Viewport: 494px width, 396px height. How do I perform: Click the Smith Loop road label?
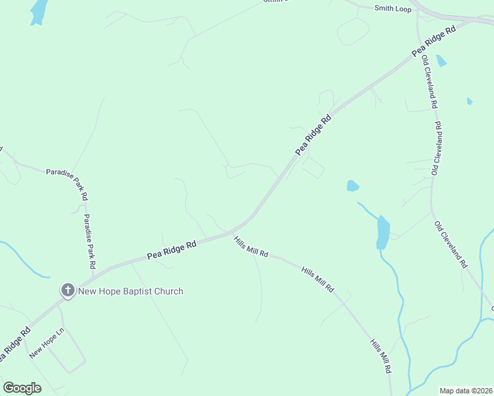point(392,9)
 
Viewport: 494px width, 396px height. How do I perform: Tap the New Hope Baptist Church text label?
point(131,291)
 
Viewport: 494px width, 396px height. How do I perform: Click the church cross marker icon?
point(67,290)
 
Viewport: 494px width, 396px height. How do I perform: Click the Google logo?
point(22,388)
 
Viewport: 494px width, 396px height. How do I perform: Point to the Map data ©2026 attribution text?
point(466,391)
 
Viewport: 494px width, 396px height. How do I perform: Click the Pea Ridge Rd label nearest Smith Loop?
point(434,42)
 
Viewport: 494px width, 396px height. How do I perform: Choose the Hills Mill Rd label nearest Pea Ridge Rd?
point(251,247)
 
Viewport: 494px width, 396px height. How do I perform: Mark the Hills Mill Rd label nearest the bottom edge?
point(380,357)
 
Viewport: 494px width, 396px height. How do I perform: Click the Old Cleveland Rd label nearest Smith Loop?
point(429,82)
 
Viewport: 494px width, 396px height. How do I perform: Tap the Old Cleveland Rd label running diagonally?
point(451,244)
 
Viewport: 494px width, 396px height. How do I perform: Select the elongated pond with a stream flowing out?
point(382,232)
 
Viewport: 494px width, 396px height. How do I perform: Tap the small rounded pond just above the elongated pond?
point(353,186)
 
